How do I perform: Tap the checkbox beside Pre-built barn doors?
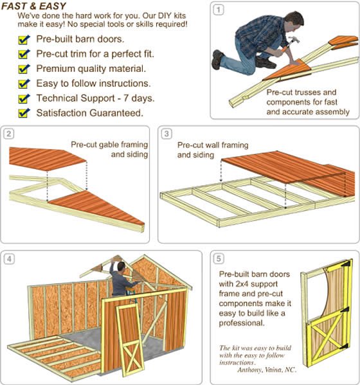(24, 40)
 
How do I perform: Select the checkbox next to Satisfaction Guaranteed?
(24, 113)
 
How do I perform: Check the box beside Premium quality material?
(24, 69)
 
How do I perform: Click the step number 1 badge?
(219, 10)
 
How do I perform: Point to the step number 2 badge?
(9, 134)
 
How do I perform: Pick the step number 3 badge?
(166, 134)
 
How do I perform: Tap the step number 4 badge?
(9, 260)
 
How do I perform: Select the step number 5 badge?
(219, 260)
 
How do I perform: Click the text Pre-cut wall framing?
(203, 145)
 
